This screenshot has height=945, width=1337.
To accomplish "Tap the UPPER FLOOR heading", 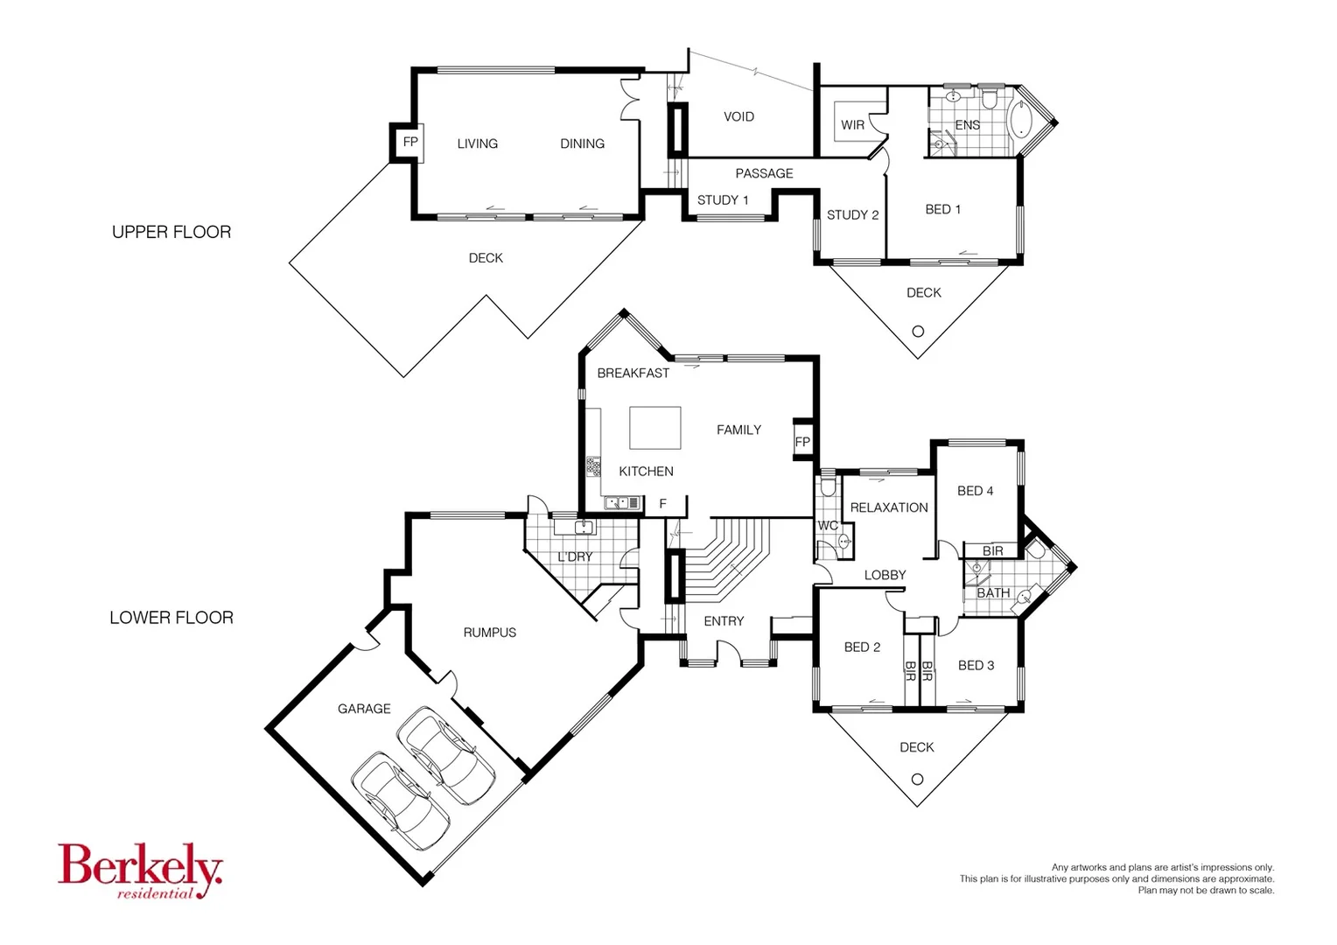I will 171,232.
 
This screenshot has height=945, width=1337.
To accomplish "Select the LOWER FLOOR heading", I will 171,618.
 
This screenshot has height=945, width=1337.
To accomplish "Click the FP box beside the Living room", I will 409,142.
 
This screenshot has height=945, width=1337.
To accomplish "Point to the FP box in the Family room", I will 802,442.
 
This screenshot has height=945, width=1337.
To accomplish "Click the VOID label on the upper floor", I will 738,116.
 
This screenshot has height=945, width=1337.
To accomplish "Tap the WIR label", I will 852,125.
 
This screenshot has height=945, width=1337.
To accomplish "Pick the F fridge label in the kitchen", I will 663,504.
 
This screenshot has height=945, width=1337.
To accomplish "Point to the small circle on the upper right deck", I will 918,332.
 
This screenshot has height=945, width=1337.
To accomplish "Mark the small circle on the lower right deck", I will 917,779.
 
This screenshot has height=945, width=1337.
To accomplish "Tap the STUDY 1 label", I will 723,200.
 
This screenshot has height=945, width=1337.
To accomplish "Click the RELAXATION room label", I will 889,507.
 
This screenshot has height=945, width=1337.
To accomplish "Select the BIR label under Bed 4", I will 992,551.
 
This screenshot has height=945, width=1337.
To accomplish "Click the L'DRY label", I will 575,556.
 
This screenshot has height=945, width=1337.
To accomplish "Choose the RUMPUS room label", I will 489,633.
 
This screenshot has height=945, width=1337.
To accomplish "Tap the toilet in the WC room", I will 828,487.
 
